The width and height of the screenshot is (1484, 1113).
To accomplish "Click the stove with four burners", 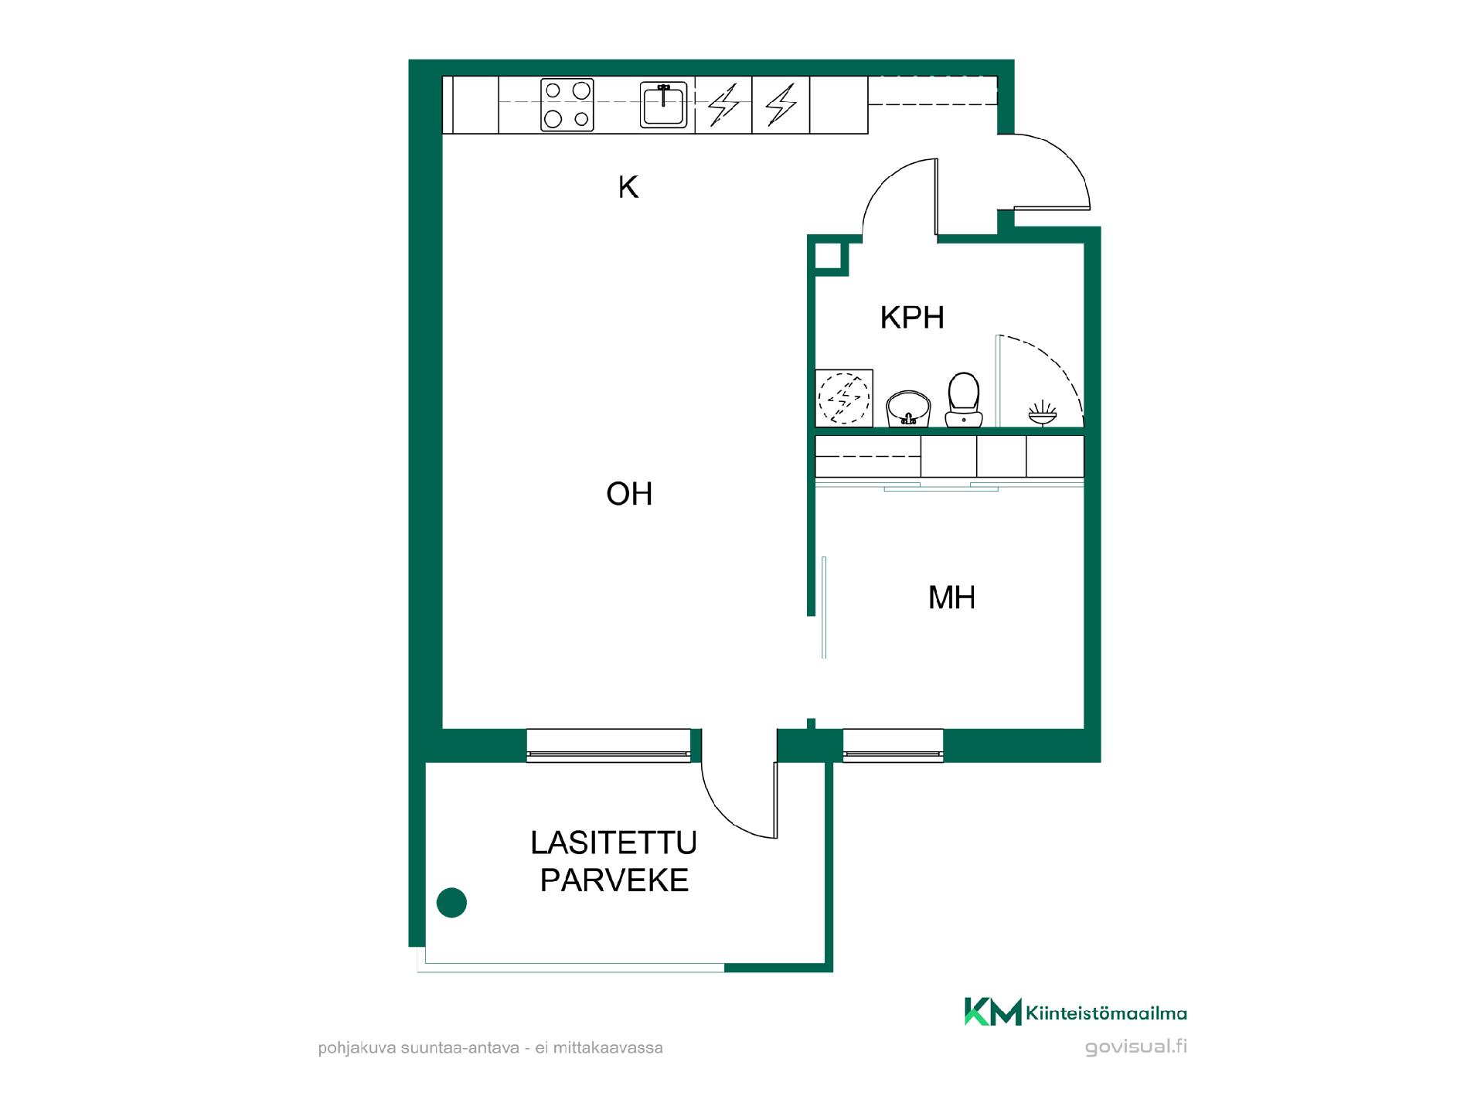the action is point(567,105).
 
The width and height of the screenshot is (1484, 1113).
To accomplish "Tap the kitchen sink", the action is point(663,105).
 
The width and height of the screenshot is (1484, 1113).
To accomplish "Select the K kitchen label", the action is point(628,187).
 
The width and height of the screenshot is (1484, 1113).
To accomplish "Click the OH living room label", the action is point(629,494).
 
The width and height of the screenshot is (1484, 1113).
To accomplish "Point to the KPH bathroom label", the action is point(912,318).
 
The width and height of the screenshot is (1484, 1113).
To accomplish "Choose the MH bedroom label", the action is point(951,597).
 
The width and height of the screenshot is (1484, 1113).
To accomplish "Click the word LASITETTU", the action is point(614,842).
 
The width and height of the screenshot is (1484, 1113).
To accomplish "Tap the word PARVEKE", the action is point(614,880).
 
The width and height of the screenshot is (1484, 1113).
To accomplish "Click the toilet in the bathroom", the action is point(963,400).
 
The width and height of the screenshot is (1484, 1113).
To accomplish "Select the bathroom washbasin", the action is point(908,409).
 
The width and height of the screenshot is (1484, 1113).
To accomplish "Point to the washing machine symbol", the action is point(844,398).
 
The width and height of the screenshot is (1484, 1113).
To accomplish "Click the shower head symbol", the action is point(1043,413).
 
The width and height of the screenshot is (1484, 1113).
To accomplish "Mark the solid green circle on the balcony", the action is point(451,902).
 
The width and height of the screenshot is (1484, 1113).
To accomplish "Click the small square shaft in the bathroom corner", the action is point(832,258).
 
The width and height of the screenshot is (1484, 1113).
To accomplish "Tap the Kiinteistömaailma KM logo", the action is point(1075,1012).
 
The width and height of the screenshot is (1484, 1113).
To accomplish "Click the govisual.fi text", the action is point(1135,1047).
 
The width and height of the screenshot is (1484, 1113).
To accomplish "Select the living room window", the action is point(608,746).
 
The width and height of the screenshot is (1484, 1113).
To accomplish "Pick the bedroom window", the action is point(893,746).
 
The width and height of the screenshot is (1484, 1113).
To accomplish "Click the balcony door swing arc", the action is point(727,812).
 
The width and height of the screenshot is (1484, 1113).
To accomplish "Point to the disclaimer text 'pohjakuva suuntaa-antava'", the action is point(418,1049).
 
